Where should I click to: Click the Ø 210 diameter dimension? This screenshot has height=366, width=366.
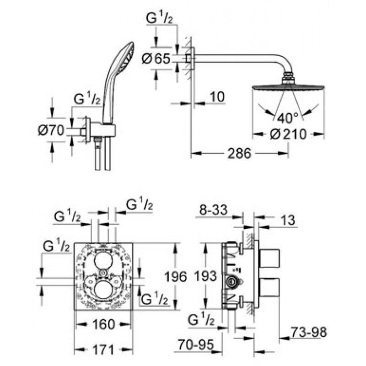click(288, 134)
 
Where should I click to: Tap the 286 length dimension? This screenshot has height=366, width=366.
click(239, 153)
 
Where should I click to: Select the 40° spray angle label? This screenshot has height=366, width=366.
click(288, 118)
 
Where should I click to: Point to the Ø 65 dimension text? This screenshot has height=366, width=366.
click(156, 59)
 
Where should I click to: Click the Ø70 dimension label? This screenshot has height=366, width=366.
click(51, 130)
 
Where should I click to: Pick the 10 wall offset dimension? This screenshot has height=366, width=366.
click(217, 97)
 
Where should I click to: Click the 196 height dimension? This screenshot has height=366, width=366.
click(176, 277)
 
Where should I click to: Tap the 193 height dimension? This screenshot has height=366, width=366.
click(205, 277)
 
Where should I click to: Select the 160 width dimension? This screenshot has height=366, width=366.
click(104, 324)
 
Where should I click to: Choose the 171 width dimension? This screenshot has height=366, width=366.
click(103, 350)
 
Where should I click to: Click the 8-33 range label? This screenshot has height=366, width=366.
click(213, 210)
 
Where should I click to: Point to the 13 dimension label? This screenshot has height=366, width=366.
click(289, 220)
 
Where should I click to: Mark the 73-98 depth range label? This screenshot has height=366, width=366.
click(308, 332)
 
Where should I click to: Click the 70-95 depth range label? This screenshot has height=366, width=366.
click(196, 344)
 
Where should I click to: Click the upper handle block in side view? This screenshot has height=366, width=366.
click(269, 258)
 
